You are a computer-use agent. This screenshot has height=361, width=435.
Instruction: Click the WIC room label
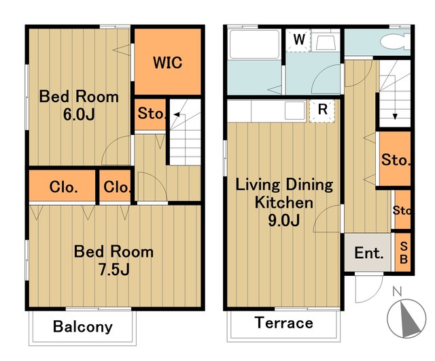pos(168,63)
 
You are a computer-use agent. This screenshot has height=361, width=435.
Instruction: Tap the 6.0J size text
pos(79,114)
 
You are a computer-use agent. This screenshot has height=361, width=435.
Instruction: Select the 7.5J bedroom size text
pos(114,269)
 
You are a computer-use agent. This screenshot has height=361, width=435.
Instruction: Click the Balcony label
pos(83,326)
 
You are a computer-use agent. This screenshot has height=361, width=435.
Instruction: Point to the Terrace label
pos(284,323)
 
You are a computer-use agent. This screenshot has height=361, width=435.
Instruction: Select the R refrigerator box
pos(322,111)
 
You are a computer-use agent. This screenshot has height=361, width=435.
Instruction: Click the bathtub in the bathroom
pos(254,44)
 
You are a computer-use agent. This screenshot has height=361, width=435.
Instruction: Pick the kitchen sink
pos(294,110)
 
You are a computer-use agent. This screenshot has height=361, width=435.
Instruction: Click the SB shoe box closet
pos(403,253)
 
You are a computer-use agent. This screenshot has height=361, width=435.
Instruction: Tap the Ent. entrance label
pos(368,253)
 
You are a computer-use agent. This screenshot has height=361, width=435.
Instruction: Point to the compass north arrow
pos(408,318)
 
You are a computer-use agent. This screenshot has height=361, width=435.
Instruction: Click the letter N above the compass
pos(397,292)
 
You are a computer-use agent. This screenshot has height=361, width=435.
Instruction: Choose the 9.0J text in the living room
pos(284,221)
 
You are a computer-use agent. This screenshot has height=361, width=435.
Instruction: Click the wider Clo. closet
pos(63,186)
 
